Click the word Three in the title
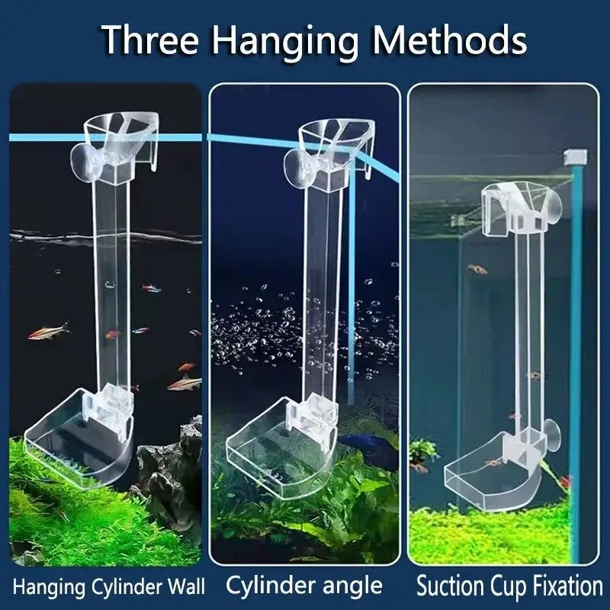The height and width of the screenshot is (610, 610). (x=151, y=40)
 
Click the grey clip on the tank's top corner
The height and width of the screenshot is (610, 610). (x=576, y=156)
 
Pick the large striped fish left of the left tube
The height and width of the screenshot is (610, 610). (x=49, y=332)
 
